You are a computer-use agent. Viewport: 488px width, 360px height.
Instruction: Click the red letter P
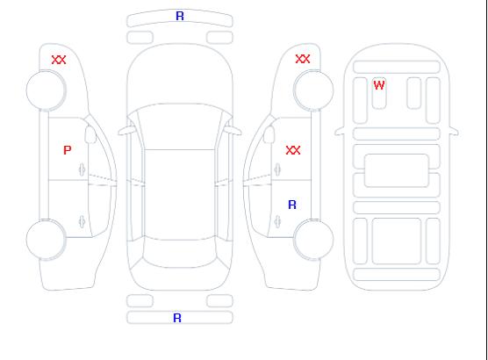coord(68,150)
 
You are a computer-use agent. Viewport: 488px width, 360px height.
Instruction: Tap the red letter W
coord(379,85)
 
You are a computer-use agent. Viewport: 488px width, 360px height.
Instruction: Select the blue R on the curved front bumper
coord(180,16)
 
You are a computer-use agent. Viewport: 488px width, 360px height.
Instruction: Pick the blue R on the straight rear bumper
coord(177,318)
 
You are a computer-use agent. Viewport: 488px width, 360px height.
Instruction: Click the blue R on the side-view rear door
coord(292,205)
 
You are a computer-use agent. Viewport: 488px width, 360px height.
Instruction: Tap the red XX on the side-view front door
coord(293,150)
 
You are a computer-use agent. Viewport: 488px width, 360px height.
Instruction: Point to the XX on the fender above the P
coord(59,60)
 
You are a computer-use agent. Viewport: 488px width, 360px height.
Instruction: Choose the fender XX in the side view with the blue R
coord(303,59)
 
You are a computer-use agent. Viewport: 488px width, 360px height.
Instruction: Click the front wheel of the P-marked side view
coord(46,90)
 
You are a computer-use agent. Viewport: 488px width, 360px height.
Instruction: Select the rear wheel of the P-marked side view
coord(46,240)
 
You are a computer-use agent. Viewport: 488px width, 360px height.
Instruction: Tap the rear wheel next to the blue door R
coord(313,239)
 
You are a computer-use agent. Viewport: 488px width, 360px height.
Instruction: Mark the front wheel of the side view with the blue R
coord(313,90)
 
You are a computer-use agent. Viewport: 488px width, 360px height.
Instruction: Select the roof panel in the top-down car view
coord(180,195)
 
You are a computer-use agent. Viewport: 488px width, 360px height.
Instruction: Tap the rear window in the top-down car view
coord(180,253)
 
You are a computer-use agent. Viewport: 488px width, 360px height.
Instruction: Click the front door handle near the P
coord(82,169)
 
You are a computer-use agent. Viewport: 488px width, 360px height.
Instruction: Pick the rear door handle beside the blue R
coord(277,221)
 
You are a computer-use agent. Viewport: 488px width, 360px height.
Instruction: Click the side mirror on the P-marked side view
coord(90,134)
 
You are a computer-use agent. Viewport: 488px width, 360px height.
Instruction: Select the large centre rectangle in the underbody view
coord(397,170)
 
